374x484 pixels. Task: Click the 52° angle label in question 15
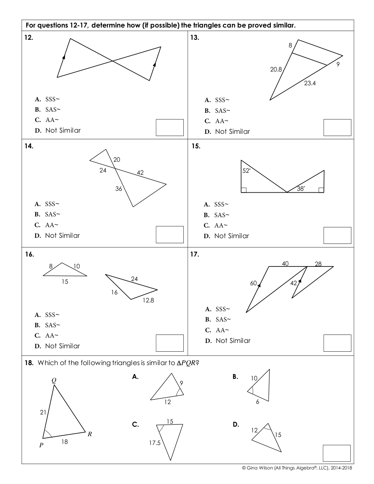246,171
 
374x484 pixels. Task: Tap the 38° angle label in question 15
301,189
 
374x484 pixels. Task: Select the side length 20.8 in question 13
276,70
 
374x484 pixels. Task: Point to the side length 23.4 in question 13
310,83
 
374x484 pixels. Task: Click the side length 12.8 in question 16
148,300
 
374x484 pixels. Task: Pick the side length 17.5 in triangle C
155,443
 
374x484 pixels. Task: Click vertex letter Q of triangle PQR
54,381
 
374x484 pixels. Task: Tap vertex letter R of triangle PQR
90,434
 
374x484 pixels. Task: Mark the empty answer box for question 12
170,127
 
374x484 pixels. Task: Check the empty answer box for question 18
337,453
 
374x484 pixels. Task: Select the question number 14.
29,146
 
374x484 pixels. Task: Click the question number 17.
194,254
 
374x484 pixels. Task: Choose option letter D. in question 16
38,346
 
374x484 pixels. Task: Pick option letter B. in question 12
37,110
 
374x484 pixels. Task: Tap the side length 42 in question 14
140,173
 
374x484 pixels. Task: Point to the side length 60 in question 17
253,283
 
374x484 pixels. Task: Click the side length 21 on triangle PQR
43,413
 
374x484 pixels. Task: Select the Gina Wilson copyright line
297,468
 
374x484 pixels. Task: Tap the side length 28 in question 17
318,264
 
